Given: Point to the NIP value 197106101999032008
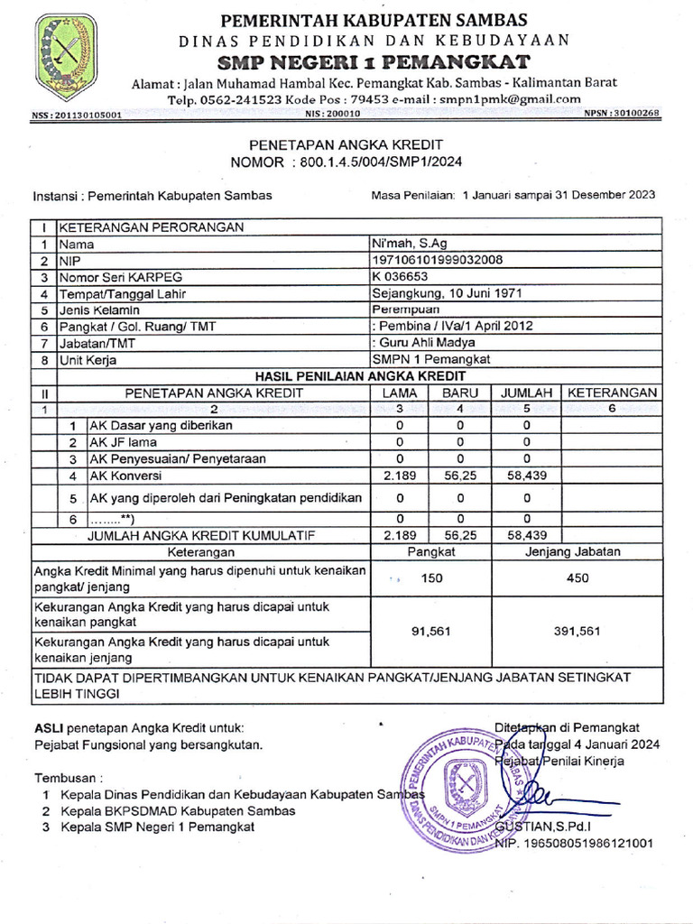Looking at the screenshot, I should point(437,260).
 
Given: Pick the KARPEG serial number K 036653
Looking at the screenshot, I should point(401,276).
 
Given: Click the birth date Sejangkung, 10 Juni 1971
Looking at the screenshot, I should point(447,293).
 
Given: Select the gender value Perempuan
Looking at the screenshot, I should point(408,310).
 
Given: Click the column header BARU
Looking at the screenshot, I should point(459,393).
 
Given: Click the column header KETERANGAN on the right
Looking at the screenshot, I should point(610,393).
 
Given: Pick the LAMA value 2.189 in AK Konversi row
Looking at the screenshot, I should point(400,475).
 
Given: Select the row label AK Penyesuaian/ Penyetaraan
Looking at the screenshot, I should point(177,458).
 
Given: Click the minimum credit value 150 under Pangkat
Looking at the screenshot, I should point(432,578).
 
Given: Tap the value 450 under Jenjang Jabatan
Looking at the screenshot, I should point(577,578).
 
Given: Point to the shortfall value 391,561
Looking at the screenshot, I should point(577,632).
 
